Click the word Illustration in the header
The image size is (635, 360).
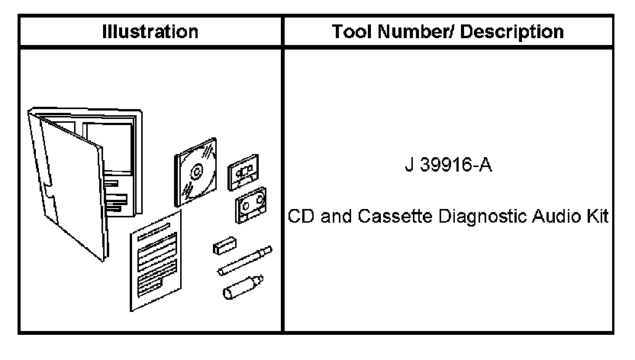151,32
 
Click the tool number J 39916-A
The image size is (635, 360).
448,166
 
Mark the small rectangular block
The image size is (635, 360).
224,246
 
